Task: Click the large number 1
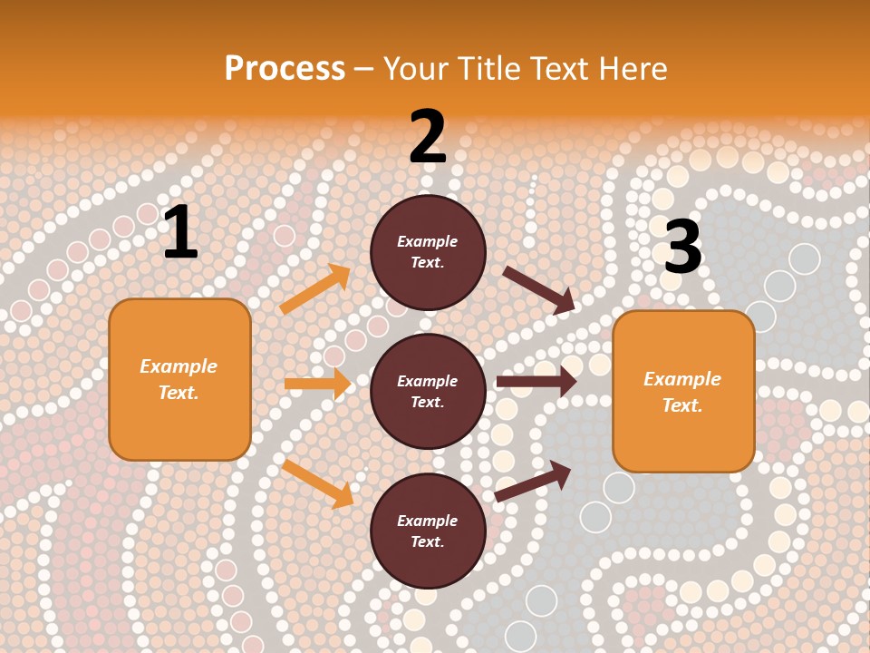tap(180, 233)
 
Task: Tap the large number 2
tap(428, 138)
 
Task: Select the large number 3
tap(683, 248)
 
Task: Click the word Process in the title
tap(285, 69)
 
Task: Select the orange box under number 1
tap(179, 379)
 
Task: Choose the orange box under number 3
tap(683, 391)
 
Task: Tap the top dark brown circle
tap(428, 252)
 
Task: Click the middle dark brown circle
tap(428, 391)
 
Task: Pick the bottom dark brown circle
tap(428, 531)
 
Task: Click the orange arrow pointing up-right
tap(315, 288)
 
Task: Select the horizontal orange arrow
tap(317, 384)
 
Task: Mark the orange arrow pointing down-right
tap(318, 483)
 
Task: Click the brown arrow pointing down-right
tap(538, 289)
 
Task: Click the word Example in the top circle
tap(428, 241)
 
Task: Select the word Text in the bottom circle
tap(426, 541)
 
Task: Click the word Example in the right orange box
tap(682, 379)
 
